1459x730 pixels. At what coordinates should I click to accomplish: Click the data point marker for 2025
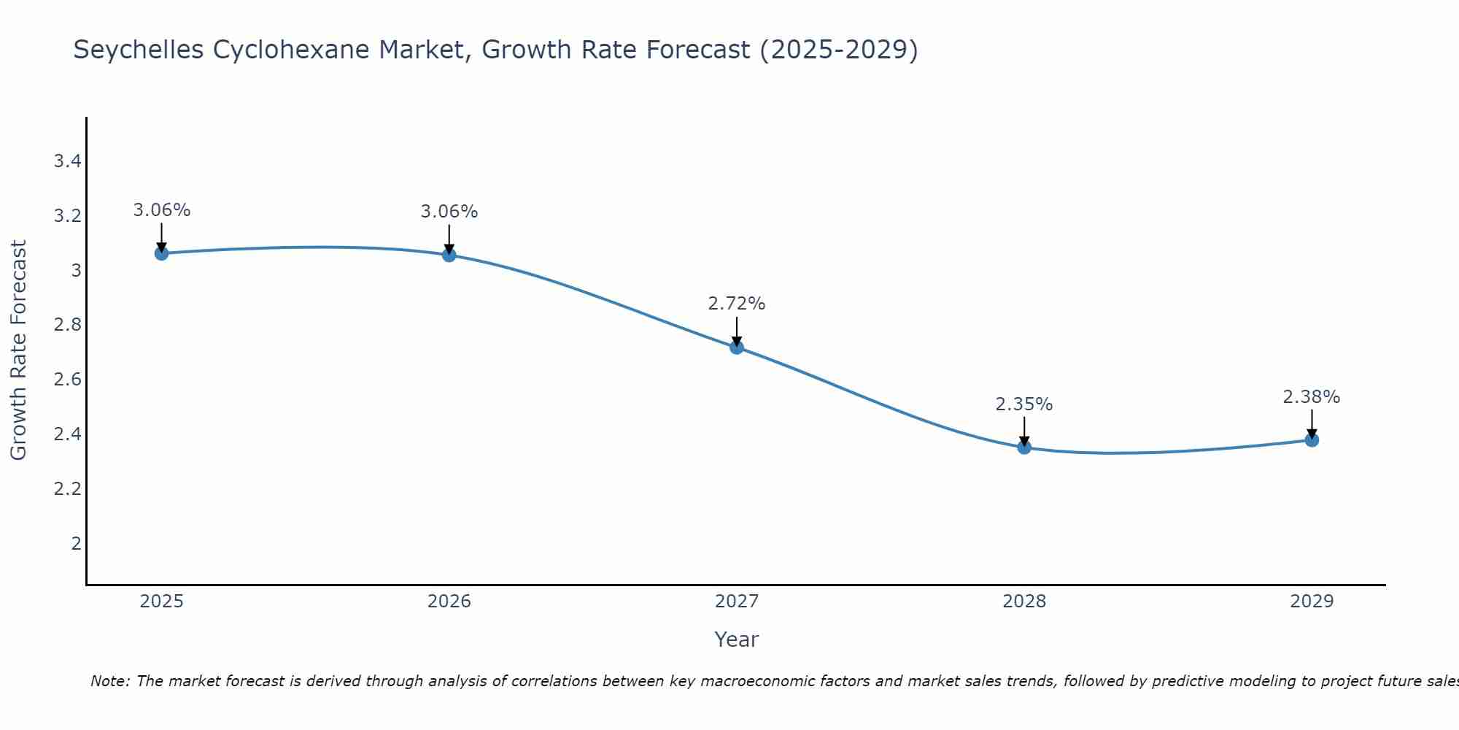[161, 253]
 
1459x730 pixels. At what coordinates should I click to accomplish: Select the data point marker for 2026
[449, 255]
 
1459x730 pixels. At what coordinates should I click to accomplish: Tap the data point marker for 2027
[737, 347]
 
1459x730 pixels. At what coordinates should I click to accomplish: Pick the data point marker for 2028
[1024, 447]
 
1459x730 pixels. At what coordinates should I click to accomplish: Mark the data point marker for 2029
[1312, 440]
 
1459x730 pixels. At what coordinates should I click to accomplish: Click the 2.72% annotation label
[737, 304]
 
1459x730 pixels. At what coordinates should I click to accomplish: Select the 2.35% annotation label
[1024, 404]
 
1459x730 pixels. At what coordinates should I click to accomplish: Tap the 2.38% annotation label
[1312, 397]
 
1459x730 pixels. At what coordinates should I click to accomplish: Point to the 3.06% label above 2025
[161, 210]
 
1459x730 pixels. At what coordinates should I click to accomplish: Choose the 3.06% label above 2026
[449, 212]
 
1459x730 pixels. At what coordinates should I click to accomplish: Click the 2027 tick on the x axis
[737, 602]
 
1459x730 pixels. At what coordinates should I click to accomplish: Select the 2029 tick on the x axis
[1312, 602]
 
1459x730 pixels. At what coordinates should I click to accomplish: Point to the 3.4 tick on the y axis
[67, 161]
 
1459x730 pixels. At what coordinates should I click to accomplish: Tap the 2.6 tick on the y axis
[67, 380]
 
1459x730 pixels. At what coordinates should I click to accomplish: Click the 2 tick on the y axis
[76, 543]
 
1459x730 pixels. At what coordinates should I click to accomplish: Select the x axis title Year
[737, 639]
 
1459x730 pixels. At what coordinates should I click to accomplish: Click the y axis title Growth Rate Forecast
[18, 350]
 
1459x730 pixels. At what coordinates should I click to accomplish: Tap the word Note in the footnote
[109, 681]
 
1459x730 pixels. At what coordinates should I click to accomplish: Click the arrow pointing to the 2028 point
[1024, 431]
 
